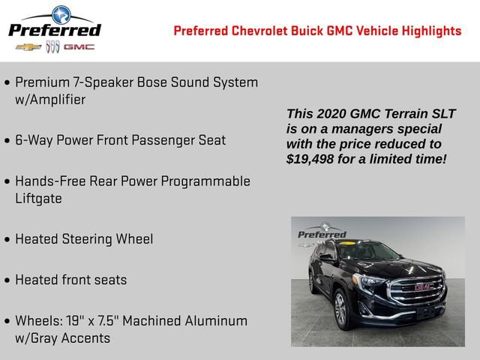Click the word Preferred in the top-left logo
(x=54, y=30)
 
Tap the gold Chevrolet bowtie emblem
(x=28, y=46)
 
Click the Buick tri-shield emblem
(x=52, y=46)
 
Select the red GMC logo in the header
(x=79, y=46)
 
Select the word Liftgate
(x=38, y=199)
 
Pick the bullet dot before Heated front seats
(x=7, y=280)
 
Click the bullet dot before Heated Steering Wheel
(x=7, y=240)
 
